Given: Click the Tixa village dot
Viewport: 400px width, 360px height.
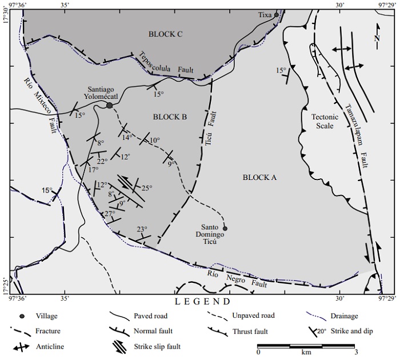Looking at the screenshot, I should [276, 15].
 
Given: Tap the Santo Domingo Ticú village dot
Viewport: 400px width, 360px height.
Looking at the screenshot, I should [225, 229].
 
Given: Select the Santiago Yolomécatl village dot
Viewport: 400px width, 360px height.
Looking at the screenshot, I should [109, 105].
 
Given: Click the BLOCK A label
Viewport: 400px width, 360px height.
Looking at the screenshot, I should [259, 178].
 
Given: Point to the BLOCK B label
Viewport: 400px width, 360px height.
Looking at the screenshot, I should [170, 117].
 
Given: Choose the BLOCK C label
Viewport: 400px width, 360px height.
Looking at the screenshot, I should [165, 34].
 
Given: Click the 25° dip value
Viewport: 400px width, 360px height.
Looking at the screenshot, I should [147, 187].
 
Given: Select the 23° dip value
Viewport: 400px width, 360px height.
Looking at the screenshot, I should [142, 229].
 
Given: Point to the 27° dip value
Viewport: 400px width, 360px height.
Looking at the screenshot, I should [110, 213].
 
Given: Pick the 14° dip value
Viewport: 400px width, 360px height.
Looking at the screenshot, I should [127, 138].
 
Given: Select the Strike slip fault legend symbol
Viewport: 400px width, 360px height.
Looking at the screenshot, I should [117, 346].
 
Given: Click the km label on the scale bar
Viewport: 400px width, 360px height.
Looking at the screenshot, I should [306, 352].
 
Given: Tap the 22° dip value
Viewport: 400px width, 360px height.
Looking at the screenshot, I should [102, 161].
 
